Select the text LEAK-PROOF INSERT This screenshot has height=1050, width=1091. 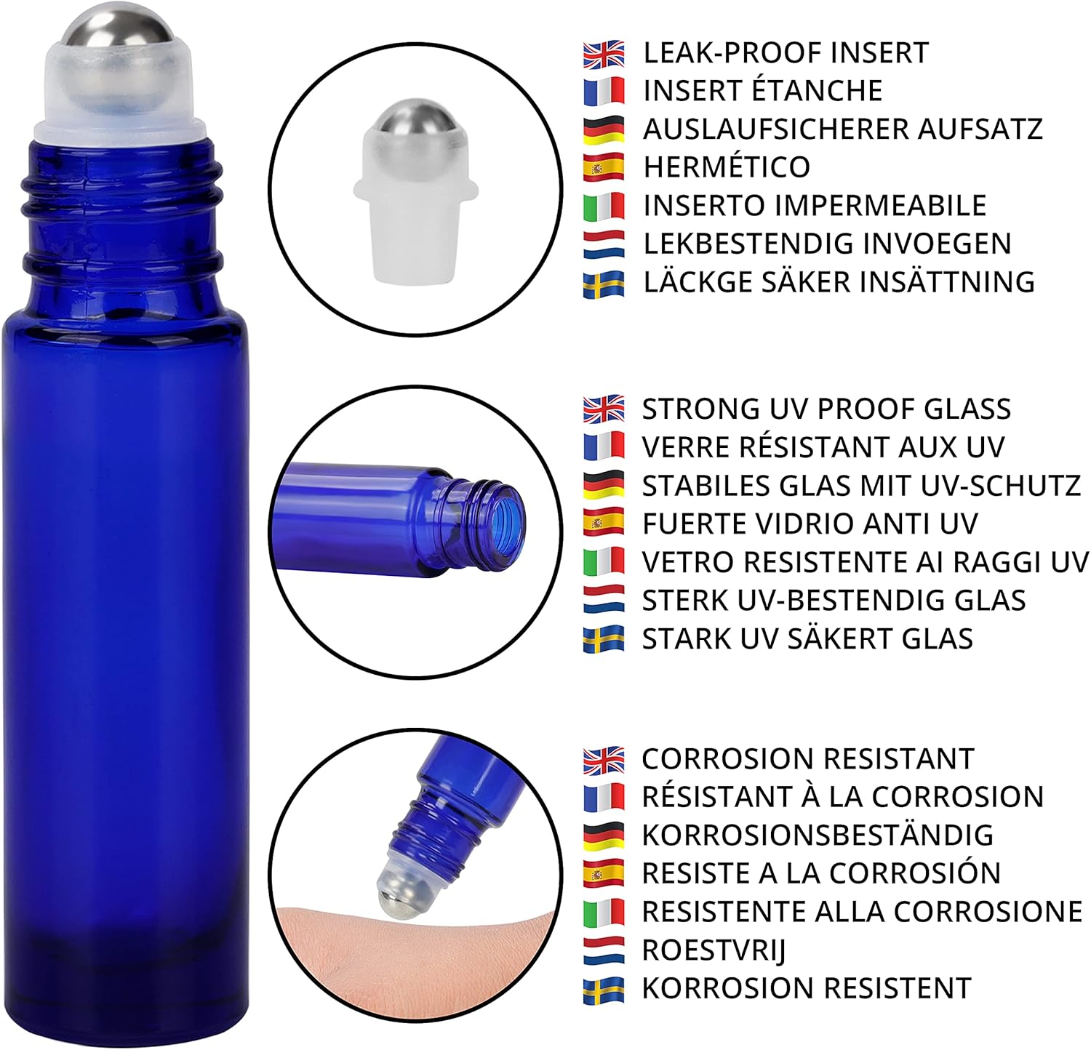point(786,52)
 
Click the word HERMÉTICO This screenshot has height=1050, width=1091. point(726,167)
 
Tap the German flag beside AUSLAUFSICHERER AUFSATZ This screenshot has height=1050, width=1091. point(604,129)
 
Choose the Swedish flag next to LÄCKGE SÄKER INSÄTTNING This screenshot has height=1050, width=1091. point(604,283)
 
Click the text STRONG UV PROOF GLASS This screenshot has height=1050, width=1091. point(826,409)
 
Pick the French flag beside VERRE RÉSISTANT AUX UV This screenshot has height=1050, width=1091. point(604,446)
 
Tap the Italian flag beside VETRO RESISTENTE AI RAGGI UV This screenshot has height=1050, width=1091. point(604,562)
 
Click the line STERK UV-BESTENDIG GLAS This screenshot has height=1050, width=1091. point(834,601)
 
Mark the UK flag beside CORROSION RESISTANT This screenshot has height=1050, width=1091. point(604,761)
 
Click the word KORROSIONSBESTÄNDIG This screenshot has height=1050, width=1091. point(818,834)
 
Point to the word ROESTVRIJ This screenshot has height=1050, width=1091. point(714,950)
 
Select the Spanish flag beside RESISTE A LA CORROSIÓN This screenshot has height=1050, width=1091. point(604,873)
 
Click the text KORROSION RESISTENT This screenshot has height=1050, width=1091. point(806,988)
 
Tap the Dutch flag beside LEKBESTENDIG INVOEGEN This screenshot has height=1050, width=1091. point(604,244)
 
